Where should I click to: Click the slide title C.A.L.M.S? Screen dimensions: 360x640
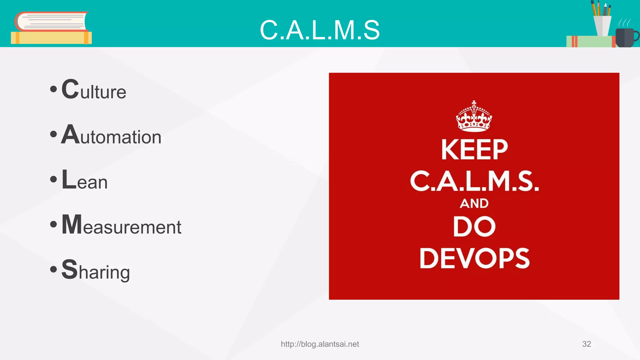click(320, 30)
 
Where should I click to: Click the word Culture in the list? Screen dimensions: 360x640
click(94, 90)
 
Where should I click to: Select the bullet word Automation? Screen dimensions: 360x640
click(111, 135)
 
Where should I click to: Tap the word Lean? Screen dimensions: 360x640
click(85, 180)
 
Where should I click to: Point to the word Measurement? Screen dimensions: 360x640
click(121, 225)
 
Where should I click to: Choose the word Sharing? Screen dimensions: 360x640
click(96, 270)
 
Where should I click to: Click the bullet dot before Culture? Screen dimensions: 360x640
click(53, 89)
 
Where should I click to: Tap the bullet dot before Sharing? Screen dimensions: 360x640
click(53, 269)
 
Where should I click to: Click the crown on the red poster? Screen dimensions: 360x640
click(474, 116)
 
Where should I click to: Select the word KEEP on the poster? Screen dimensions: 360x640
click(474, 150)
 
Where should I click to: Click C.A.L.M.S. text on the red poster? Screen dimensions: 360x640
click(474, 181)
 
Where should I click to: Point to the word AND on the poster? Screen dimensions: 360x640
click(474, 203)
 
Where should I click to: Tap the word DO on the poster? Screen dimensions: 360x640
click(474, 227)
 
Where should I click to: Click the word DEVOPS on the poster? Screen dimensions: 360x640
click(474, 258)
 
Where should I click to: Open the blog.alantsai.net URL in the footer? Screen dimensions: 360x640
click(320, 344)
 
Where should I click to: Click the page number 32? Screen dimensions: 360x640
click(586, 344)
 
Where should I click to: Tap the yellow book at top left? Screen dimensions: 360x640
click(51, 38)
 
